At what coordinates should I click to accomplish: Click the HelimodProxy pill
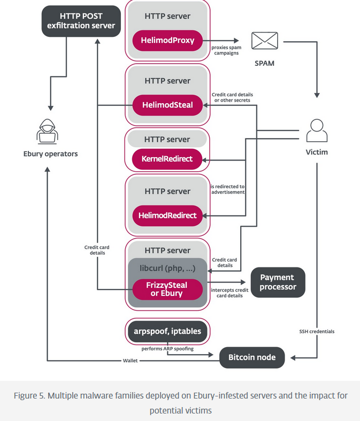click(x=167, y=41)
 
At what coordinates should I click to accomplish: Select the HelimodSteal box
click(x=167, y=105)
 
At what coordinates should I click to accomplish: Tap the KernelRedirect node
click(x=167, y=159)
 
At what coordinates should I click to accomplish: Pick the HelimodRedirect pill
click(x=167, y=216)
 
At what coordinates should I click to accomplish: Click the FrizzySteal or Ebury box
click(x=167, y=289)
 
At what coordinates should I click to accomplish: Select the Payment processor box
click(x=277, y=282)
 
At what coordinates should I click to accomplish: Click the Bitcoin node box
click(x=251, y=357)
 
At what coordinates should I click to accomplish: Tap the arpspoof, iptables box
click(x=167, y=331)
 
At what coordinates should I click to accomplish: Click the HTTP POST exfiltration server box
click(x=79, y=21)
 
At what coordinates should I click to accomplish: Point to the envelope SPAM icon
click(x=264, y=41)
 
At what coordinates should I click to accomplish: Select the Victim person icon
click(x=316, y=131)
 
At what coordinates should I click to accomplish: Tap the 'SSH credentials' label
click(x=317, y=331)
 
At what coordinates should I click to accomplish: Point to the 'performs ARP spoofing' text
click(x=167, y=348)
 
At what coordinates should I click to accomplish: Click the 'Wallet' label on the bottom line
click(x=131, y=361)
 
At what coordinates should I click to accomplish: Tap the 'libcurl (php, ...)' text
click(x=167, y=267)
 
